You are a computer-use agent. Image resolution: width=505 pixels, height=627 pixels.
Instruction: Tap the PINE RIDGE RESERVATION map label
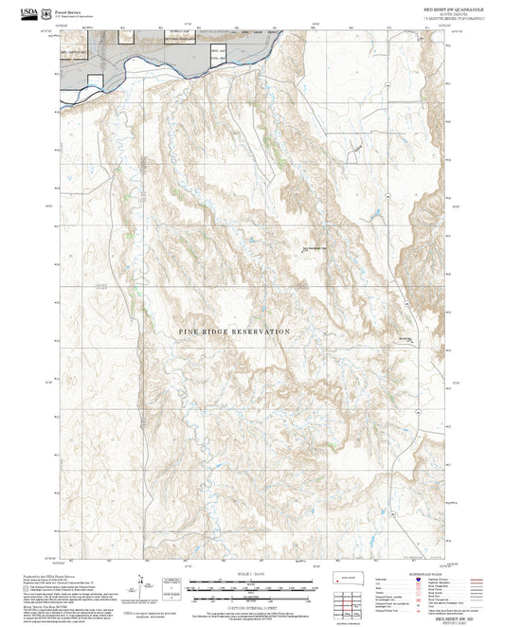(234, 331)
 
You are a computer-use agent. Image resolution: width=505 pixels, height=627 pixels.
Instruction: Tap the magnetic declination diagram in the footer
(143, 586)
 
